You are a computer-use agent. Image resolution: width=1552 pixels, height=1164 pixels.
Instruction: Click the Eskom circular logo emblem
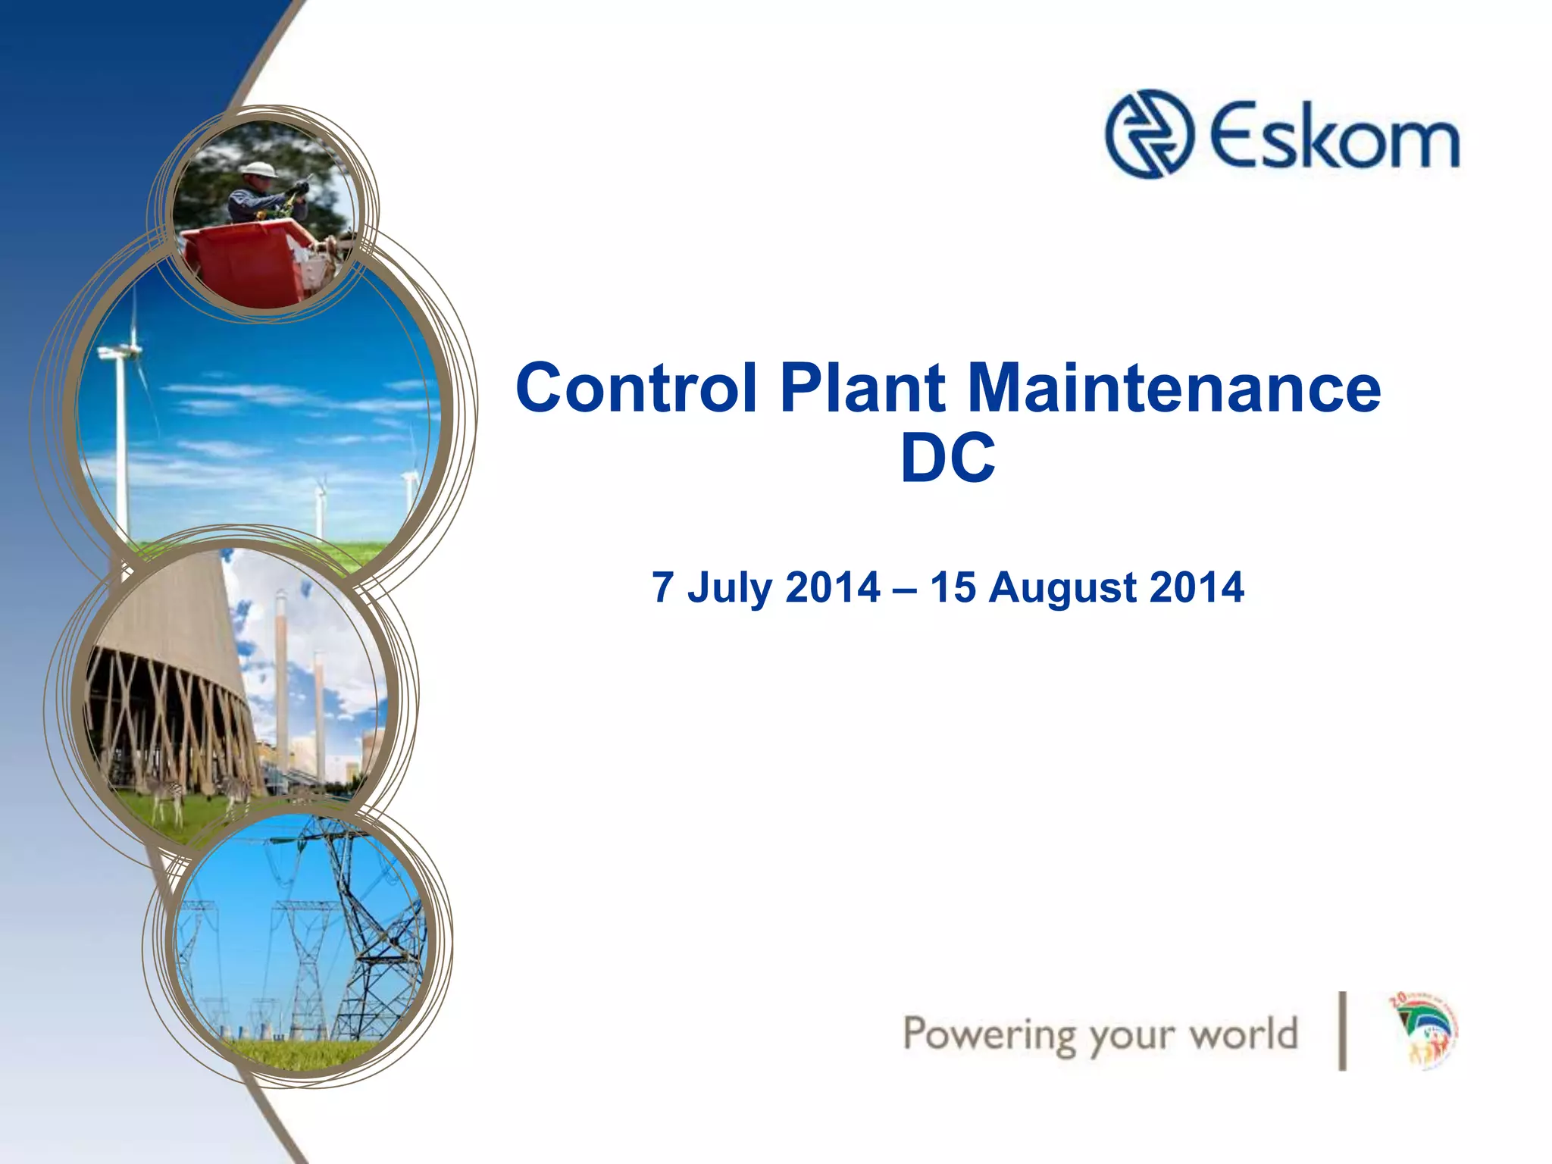tap(1149, 135)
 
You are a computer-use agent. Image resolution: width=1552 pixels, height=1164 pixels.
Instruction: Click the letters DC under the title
tap(947, 458)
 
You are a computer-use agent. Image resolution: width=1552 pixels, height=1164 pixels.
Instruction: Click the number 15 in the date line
tap(953, 587)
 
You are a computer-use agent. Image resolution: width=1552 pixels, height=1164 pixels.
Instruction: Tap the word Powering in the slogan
tap(989, 1035)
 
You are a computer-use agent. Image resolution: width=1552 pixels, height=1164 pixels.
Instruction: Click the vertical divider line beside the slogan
tap(1343, 1031)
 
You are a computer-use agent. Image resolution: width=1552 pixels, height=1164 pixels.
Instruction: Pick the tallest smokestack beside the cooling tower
tap(282, 682)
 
